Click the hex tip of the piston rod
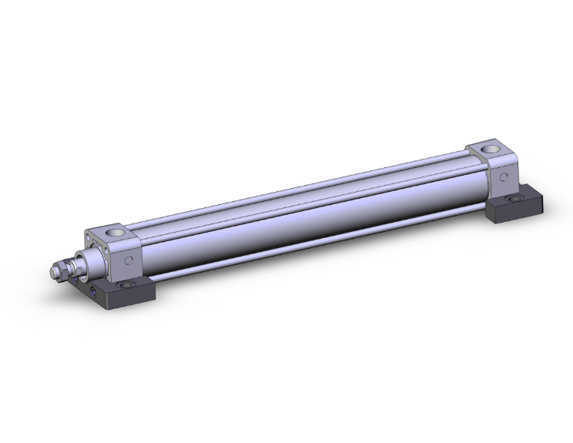[54, 273]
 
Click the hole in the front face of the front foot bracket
[94, 293]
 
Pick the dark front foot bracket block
[123, 293]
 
